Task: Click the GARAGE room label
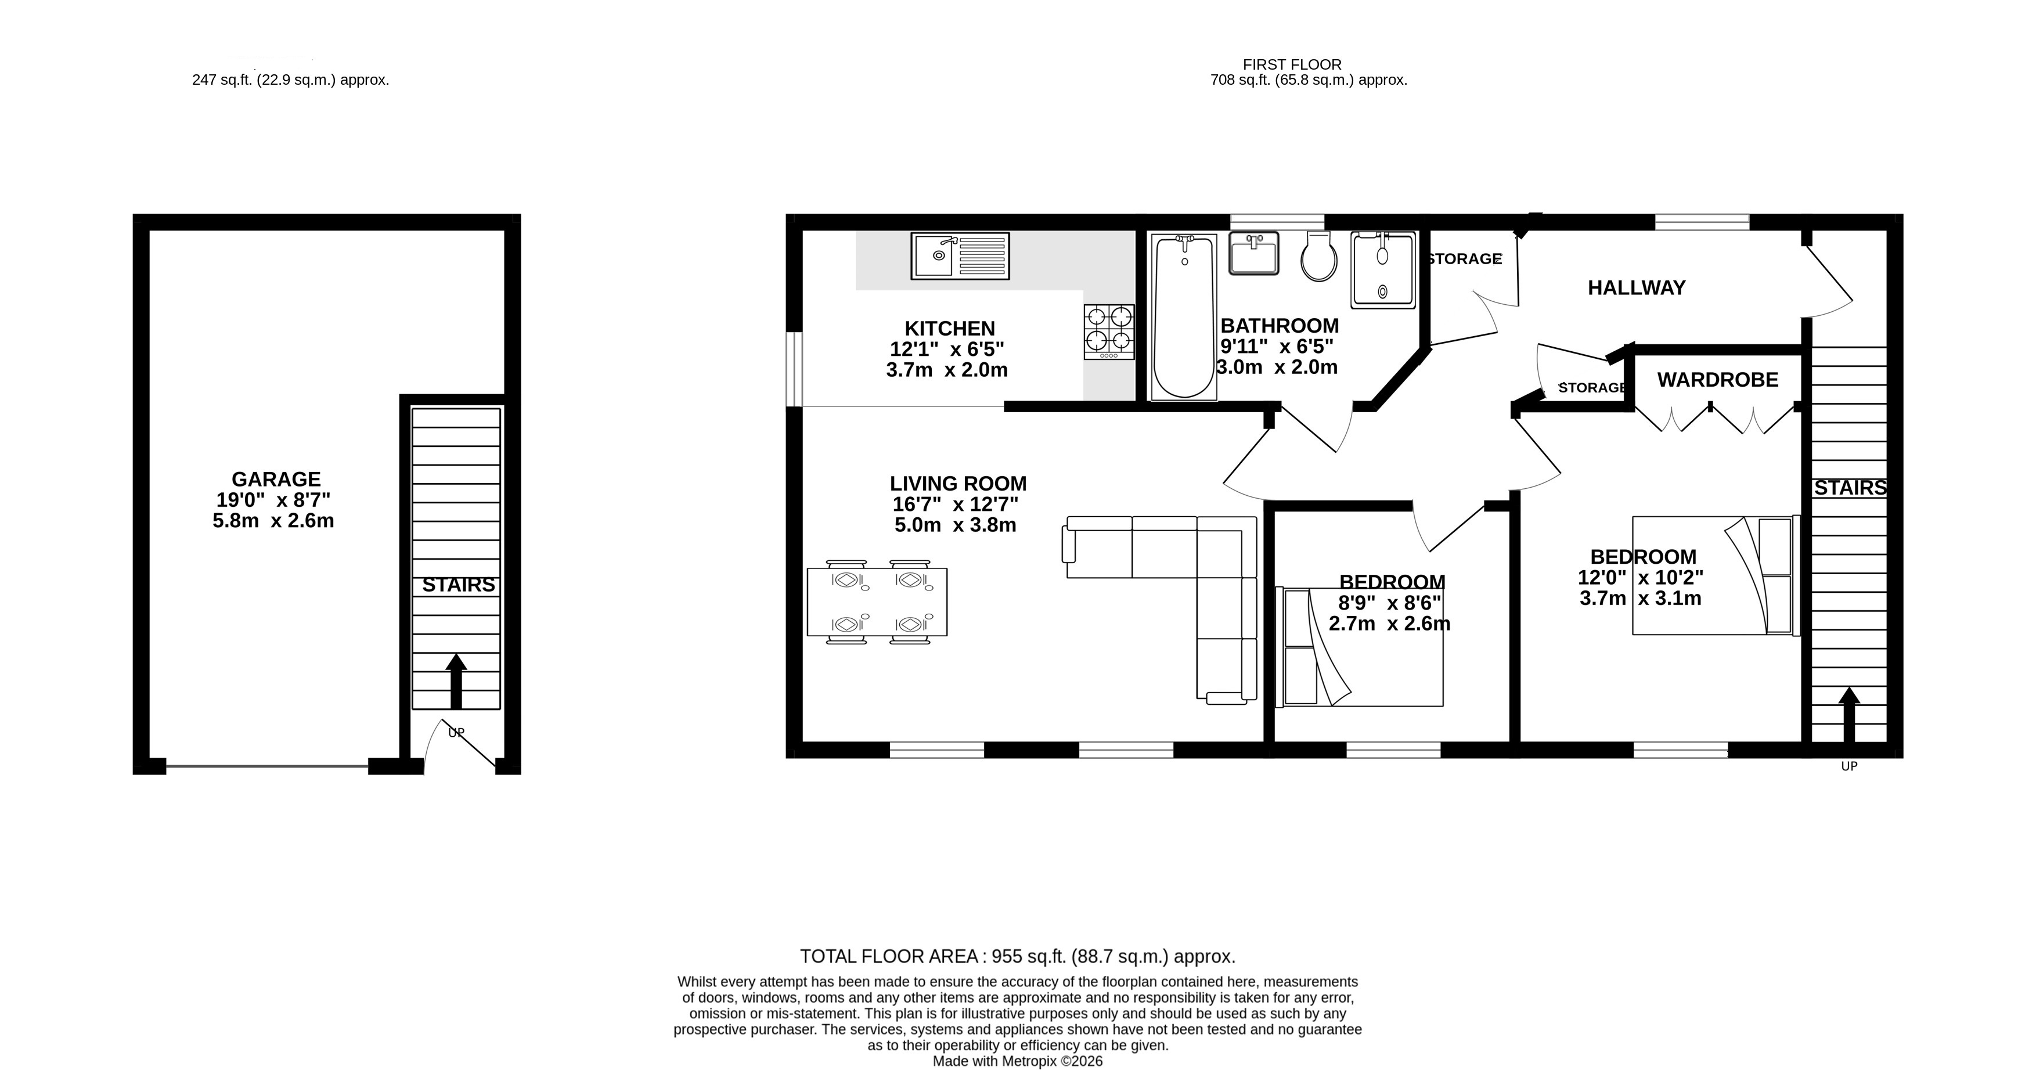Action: point(276,479)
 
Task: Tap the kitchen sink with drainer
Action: point(960,255)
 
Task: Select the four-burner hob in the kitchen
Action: point(1109,332)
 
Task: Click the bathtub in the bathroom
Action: point(1184,316)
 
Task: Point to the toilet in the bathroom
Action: point(1318,255)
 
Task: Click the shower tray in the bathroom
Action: point(1383,269)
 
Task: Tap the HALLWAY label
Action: point(1637,287)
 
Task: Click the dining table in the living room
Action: point(877,602)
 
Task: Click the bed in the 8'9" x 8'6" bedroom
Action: point(1360,646)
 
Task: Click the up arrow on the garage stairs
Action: point(456,681)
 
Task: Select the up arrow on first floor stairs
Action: point(1848,715)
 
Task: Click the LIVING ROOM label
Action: point(958,484)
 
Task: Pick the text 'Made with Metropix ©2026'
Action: point(1018,1061)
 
